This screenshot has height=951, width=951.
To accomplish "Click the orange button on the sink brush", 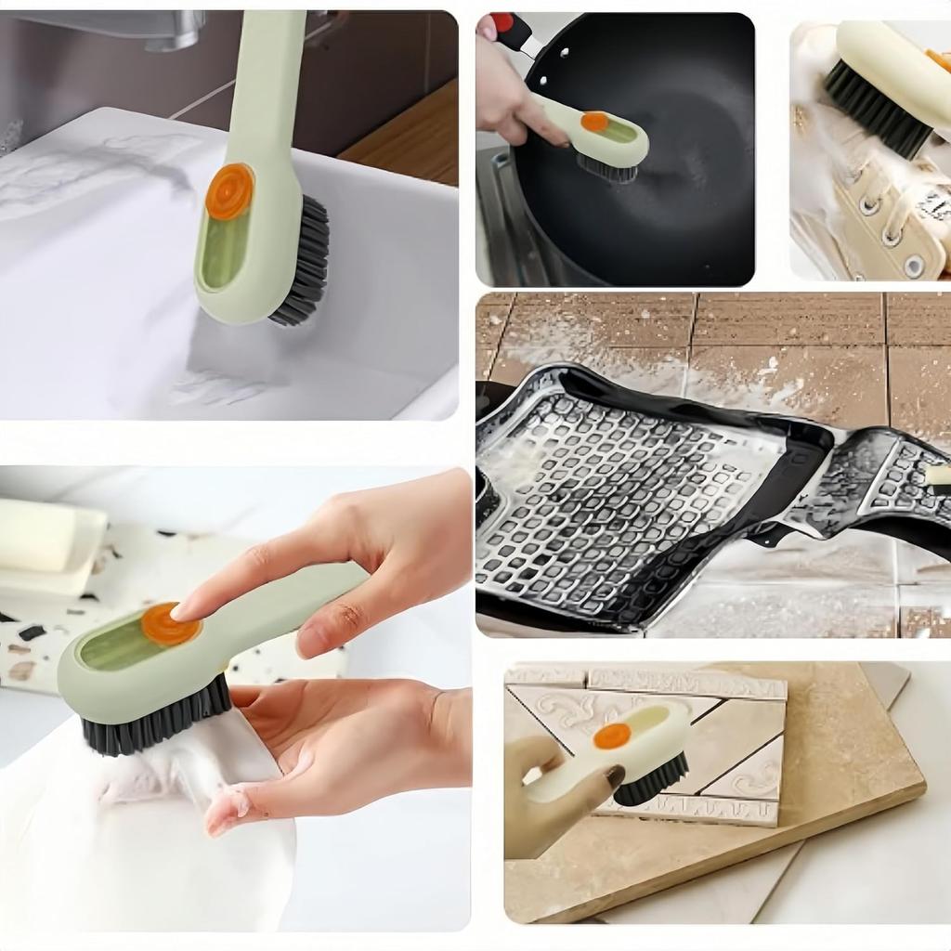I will tap(229, 191).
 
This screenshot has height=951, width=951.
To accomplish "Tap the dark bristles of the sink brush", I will tap(305, 265).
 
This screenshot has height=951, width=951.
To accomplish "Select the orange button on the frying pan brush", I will tap(594, 122).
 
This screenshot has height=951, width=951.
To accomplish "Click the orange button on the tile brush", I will tap(612, 736).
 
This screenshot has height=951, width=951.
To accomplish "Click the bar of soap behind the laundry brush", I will tap(37, 536).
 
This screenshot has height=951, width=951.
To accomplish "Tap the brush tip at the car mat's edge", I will tap(937, 475).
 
